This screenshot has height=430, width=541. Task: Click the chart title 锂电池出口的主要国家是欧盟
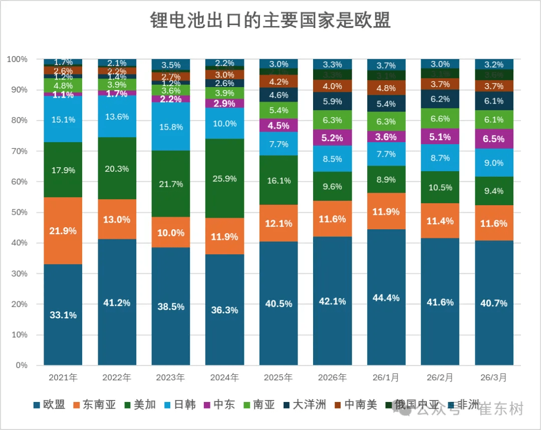[270, 21]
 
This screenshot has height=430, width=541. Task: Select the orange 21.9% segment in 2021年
[63, 231]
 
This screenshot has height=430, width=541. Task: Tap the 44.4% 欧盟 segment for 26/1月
[386, 297]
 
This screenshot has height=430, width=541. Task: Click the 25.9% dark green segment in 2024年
[224, 178]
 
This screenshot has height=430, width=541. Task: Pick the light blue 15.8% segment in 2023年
[171, 127]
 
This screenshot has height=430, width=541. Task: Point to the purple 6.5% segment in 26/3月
[494, 139]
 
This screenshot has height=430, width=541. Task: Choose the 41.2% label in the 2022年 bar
[117, 303]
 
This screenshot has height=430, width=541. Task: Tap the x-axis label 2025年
[279, 377]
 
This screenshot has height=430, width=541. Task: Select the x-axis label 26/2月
[440, 377]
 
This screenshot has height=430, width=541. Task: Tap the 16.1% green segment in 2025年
[279, 180]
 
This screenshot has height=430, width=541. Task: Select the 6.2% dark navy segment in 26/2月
[440, 99]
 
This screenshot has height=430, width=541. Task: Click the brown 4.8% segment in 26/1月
[386, 88]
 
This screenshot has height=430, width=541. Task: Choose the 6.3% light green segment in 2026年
[333, 120]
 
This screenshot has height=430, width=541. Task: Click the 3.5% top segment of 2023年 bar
[171, 65]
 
